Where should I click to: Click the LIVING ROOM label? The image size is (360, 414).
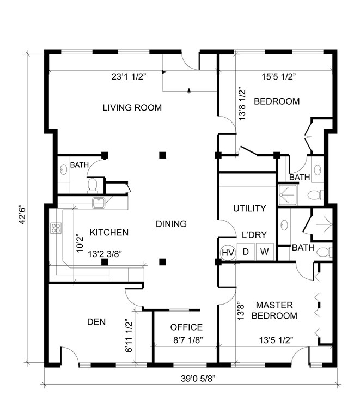pyautogui.click(x=132, y=107)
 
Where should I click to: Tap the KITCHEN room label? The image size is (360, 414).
pyautogui.click(x=109, y=233)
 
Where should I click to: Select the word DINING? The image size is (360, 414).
pyautogui.click(x=171, y=224)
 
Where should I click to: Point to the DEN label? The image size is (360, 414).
pyautogui.click(x=96, y=321)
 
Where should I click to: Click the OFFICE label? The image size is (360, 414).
pyautogui.click(x=186, y=327)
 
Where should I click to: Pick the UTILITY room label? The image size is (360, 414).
pyautogui.click(x=249, y=208)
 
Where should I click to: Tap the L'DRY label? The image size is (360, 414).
pyautogui.click(x=254, y=235)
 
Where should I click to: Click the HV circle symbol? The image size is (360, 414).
pyautogui.click(x=228, y=252)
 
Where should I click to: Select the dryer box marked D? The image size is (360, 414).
pyautogui.click(x=246, y=252)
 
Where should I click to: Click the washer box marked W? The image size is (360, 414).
pyautogui.click(x=264, y=252)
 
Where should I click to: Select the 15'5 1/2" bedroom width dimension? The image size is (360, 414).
pyautogui.click(x=275, y=77)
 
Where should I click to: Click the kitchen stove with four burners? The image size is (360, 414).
pyautogui.click(x=56, y=229)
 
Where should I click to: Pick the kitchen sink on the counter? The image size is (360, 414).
pyautogui.click(x=98, y=204)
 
